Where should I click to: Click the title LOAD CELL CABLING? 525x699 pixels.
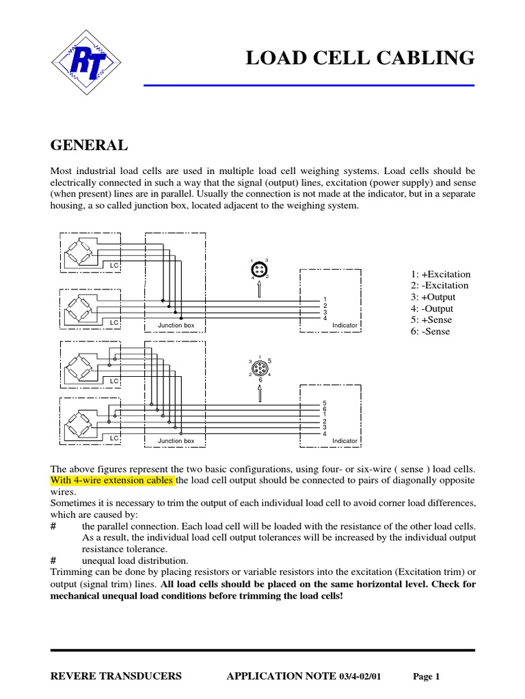point(360,59)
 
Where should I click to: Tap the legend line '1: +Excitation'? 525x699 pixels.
point(440,274)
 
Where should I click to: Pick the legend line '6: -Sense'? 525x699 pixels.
point(431,332)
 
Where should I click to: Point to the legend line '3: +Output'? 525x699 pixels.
point(433,298)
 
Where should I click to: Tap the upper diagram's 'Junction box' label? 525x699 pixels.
point(176,326)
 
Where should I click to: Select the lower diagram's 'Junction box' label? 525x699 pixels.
point(176,441)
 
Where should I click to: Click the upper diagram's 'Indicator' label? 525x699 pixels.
point(345,326)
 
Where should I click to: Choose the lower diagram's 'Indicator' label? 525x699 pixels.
point(345,441)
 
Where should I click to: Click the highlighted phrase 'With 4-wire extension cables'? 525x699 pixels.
point(113,481)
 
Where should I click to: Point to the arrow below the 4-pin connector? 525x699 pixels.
point(260,290)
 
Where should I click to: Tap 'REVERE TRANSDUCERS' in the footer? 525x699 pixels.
point(117,676)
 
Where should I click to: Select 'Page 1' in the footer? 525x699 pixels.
point(427,677)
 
